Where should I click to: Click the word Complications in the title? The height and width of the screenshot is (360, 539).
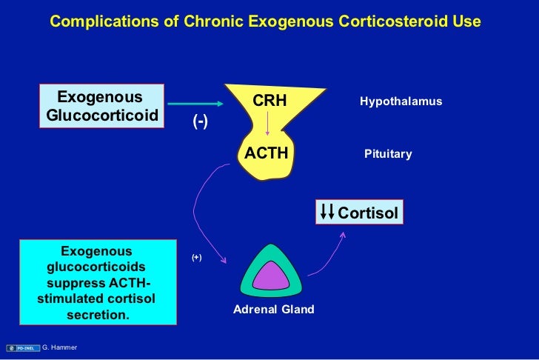[94, 21]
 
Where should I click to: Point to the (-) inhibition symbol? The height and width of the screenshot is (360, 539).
[201, 122]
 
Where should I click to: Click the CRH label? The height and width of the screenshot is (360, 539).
[269, 101]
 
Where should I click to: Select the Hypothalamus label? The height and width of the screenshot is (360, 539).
[401, 101]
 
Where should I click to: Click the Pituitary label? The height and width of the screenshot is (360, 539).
[388, 154]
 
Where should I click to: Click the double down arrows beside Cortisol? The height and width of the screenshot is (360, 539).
[327, 213]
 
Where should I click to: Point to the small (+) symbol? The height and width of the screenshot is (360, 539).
[196, 257]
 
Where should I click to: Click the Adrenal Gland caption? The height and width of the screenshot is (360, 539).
[274, 309]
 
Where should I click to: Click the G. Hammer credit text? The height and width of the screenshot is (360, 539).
[60, 347]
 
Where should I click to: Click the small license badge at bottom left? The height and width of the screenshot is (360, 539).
[20, 347]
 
